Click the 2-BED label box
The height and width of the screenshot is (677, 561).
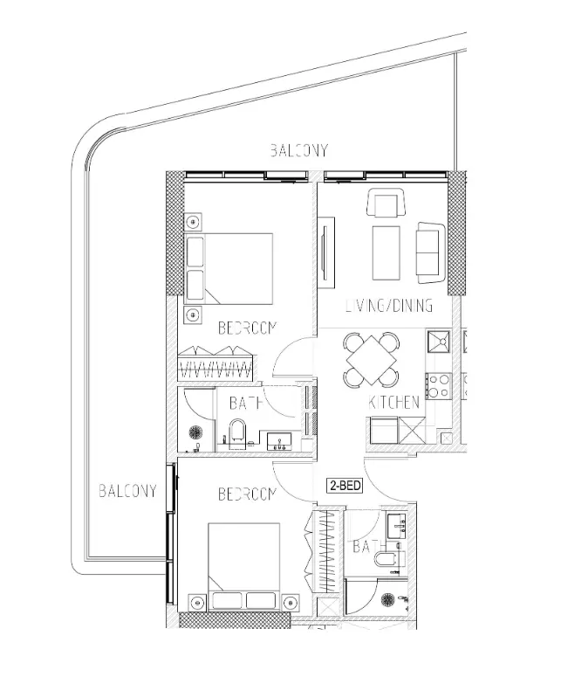tap(344, 486)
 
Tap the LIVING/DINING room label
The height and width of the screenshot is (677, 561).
tap(389, 306)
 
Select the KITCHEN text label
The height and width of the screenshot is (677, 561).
tap(394, 403)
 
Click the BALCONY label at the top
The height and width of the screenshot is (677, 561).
tap(299, 150)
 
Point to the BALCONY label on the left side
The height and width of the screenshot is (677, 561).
tap(127, 491)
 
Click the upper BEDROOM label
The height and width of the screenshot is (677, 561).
tap(247, 328)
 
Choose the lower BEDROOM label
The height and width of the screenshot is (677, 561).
tap(247, 494)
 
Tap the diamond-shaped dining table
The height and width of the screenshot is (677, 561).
tap(372, 361)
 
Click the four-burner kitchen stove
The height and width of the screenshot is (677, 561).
tap(438, 386)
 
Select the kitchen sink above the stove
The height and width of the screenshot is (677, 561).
tap(439, 342)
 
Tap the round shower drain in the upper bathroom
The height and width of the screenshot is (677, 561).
tap(196, 432)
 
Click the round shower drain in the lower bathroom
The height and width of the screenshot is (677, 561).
tap(387, 600)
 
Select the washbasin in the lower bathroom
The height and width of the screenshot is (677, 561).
tap(397, 526)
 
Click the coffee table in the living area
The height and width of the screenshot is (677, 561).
tap(387, 252)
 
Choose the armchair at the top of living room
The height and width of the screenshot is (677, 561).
tap(387, 203)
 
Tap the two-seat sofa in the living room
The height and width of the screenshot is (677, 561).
tap(431, 253)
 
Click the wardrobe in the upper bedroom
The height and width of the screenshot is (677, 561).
tap(216, 364)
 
